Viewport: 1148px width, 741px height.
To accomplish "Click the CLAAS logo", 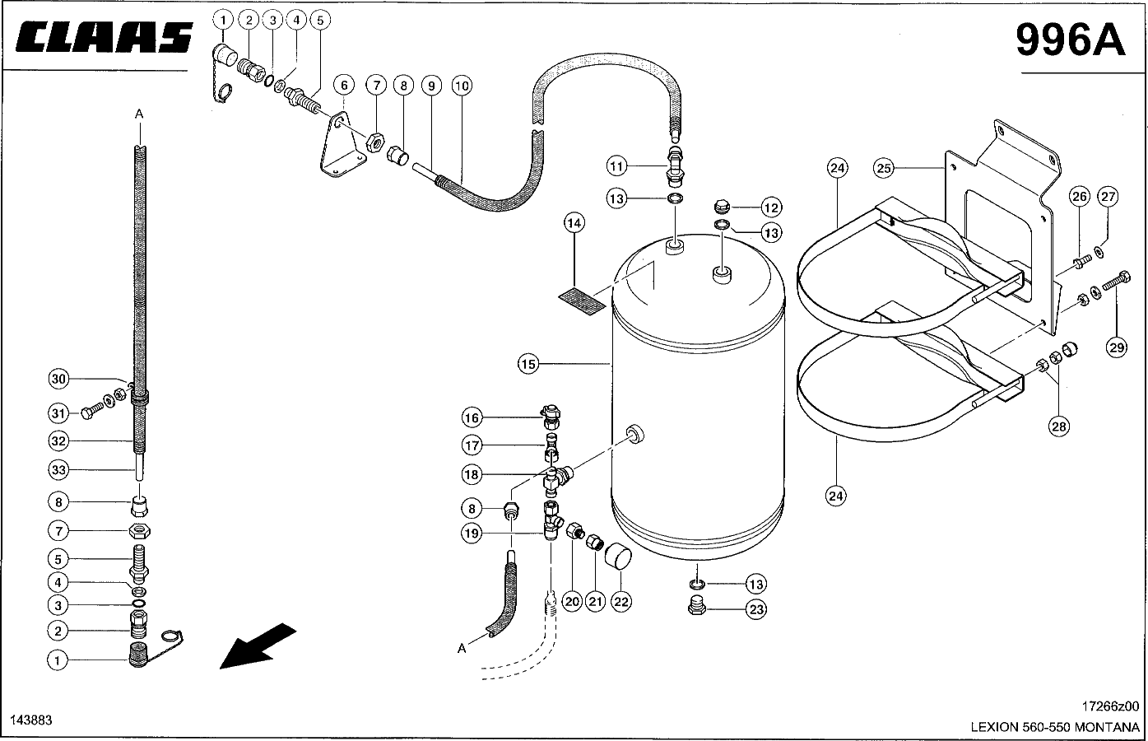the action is point(104,37).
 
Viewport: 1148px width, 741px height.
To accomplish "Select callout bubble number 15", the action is point(528,364).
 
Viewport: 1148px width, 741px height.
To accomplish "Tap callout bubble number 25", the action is point(884,168).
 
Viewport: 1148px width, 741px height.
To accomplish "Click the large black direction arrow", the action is point(258,645).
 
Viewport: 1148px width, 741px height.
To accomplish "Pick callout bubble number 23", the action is point(756,610).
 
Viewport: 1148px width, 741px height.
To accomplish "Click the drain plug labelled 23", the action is point(696,607).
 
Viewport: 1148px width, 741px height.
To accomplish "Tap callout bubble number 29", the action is point(1117,347).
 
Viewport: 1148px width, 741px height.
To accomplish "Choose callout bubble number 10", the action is point(462,86).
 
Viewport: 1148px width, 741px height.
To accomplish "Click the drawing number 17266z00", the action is point(1110,706).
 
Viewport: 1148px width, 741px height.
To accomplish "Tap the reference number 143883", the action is point(31,720).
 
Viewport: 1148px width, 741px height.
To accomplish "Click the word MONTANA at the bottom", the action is point(1107,727).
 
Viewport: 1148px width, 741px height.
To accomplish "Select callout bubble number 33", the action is point(58,470).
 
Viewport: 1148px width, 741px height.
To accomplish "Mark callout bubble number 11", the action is point(616,166).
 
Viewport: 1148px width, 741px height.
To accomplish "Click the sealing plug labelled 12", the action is point(722,206).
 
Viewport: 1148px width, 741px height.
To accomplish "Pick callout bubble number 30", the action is point(58,379).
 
